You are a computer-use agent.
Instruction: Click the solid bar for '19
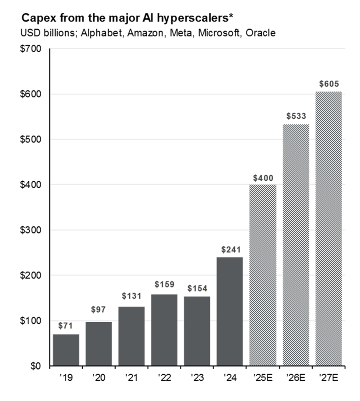click(x=66, y=350)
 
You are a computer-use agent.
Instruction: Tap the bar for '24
click(x=230, y=311)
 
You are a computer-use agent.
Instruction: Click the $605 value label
click(x=328, y=84)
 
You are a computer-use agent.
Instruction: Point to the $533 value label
click(x=296, y=116)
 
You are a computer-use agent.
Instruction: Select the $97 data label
click(x=99, y=310)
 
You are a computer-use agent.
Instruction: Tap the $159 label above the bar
click(x=164, y=284)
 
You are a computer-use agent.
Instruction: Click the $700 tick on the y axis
click(x=31, y=49)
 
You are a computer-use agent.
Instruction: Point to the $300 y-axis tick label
click(x=31, y=230)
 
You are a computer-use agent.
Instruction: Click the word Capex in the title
click(x=36, y=18)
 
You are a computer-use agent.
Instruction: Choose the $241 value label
click(x=230, y=250)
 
